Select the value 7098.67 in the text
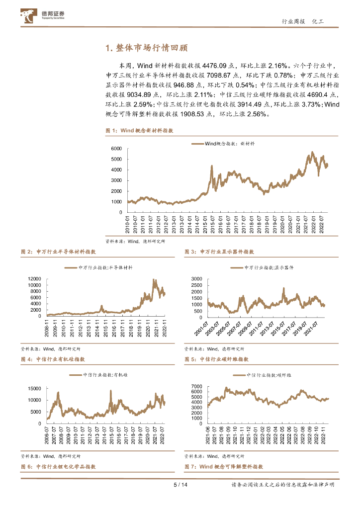point(220,75)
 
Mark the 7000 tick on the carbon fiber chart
point(196,386)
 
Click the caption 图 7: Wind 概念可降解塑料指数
point(224,467)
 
